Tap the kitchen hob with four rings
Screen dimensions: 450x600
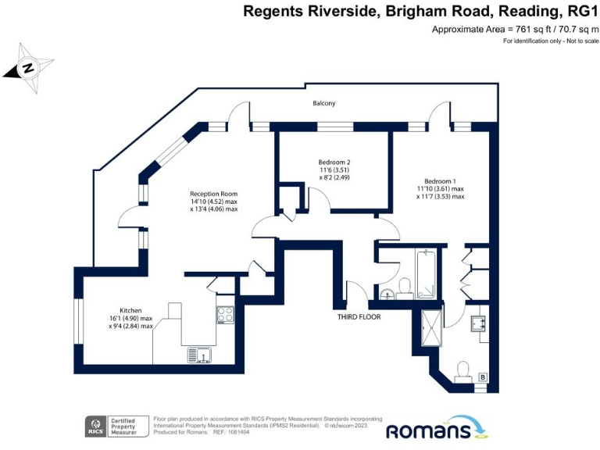225,314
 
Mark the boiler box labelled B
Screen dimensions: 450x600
483,377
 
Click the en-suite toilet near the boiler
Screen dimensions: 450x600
462,370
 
